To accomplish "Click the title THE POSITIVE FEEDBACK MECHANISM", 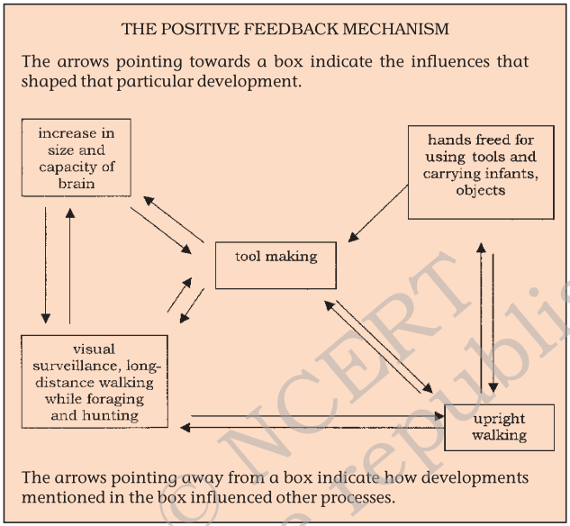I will (x=285, y=29).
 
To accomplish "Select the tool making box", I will (x=276, y=264).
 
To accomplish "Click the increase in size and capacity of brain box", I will (x=76, y=157).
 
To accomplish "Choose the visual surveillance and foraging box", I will (x=95, y=381).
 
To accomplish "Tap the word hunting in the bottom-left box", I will (x=107, y=415).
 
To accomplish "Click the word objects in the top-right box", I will (x=481, y=190).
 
